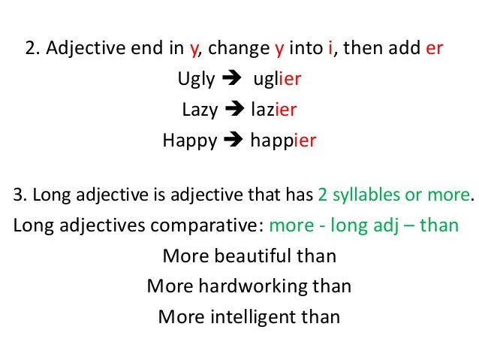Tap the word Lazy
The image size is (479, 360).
pyautogui.click(x=199, y=110)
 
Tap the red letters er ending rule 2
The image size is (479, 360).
pyautogui.click(x=435, y=50)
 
